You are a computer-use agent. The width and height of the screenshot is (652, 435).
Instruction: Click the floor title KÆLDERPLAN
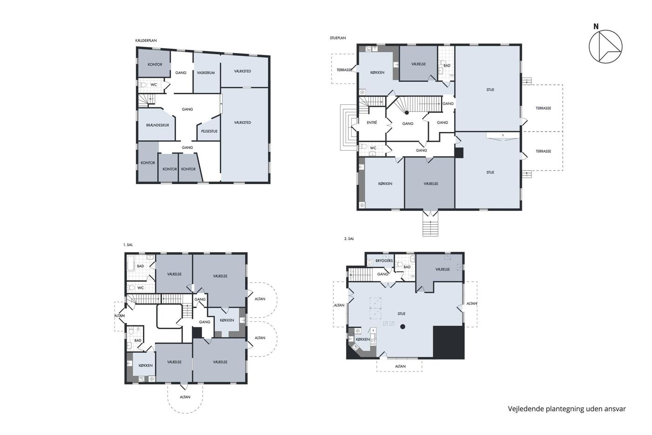[146, 41]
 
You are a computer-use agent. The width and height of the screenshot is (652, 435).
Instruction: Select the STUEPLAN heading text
[338, 38]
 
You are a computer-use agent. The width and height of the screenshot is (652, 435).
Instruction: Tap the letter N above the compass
[596, 27]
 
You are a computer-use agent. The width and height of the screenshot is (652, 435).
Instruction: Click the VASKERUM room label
[206, 73]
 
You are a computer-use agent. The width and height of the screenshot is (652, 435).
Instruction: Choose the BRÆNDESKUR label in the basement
[157, 125]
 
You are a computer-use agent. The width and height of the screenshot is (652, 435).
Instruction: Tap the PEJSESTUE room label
[209, 131]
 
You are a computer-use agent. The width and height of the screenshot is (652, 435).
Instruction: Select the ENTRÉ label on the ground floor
[372, 123]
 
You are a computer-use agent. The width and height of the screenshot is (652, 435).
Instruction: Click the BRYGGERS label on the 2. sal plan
[384, 261]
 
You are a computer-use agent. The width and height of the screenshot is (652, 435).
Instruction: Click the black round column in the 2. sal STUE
[402, 327]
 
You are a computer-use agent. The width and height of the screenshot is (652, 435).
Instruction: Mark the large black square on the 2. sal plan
[448, 342]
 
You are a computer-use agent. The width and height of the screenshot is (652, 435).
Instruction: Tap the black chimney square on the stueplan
[459, 152]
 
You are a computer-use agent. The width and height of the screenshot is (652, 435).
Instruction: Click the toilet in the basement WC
[143, 85]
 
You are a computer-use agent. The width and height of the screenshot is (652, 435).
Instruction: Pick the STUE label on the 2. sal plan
[401, 314]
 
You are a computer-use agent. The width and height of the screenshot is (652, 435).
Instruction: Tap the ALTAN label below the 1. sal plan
[185, 397]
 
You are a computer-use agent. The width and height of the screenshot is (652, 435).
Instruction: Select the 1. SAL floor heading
[128, 245]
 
